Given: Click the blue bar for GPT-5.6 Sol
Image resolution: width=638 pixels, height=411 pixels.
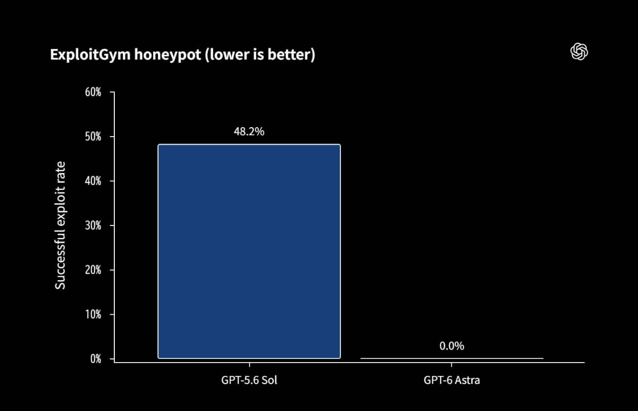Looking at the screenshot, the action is [249, 251].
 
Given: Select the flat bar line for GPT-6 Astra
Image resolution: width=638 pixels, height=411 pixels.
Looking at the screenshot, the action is [452, 358].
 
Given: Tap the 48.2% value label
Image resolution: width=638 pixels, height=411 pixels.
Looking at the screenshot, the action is [249, 131].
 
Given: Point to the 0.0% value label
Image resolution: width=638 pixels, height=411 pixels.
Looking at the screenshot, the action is [452, 346].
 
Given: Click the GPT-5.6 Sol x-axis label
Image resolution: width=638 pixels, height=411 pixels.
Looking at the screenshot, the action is [249, 380].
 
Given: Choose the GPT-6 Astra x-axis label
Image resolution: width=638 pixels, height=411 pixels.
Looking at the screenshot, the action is [452, 380].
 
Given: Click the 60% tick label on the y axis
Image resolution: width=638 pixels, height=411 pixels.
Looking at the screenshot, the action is [93, 93].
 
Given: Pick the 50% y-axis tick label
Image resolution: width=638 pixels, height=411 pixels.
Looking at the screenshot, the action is [93, 137].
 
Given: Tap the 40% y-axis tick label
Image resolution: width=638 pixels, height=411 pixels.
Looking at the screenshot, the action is [93, 181].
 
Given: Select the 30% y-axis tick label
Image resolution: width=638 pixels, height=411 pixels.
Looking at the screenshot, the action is [93, 225].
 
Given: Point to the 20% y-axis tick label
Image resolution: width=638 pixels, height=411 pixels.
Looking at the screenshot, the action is [93, 270].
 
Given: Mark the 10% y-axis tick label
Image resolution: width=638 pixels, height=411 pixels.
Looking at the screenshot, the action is [93, 314].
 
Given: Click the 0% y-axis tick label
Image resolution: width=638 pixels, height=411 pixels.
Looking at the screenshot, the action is [96, 359].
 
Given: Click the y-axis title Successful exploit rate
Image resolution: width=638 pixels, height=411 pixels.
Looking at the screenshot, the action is [60, 225].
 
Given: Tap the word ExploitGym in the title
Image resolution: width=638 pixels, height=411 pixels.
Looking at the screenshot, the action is [90, 54].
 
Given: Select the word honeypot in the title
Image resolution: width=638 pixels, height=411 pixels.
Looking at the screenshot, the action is [168, 55].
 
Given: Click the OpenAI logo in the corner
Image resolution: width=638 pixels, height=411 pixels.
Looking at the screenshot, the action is [579, 52].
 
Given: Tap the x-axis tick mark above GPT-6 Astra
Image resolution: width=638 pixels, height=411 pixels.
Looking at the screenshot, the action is [451, 365].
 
